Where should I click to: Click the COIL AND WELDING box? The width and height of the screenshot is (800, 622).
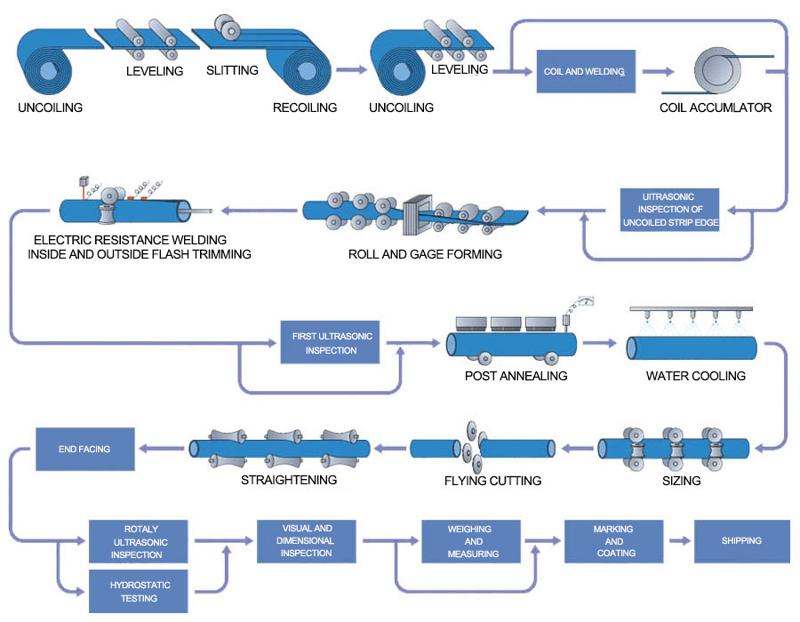585,71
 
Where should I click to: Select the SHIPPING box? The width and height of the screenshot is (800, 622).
742,540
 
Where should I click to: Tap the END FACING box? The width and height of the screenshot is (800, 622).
84,450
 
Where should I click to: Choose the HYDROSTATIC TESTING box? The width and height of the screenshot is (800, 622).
140,591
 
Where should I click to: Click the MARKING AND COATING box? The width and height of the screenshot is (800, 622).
613,540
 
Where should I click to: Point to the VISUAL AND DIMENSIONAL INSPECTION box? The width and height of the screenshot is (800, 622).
307,540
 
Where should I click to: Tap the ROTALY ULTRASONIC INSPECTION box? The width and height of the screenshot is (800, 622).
139,541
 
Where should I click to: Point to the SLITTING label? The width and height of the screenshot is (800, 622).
232,70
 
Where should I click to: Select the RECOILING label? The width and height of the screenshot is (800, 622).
305,108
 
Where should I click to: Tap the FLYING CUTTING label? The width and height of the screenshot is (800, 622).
492,481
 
